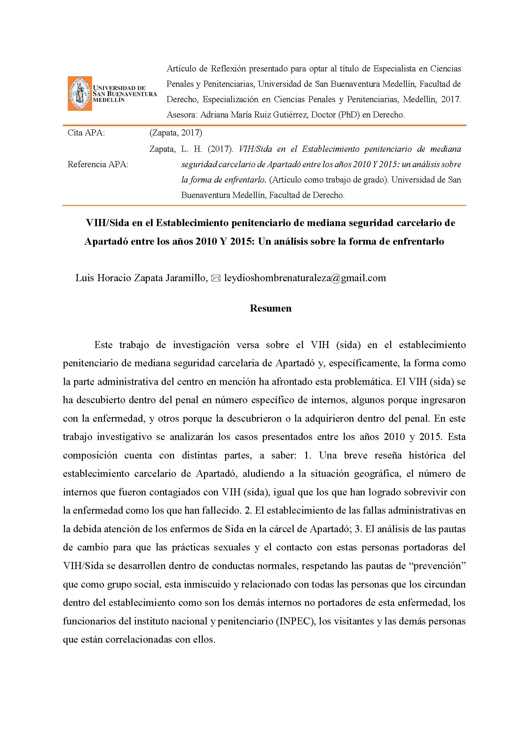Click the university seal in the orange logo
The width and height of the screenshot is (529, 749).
80,94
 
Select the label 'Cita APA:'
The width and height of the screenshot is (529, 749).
86,133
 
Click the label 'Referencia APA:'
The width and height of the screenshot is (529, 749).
98,164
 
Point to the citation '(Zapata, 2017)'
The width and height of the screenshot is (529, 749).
176,133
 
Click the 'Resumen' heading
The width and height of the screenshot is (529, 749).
271,308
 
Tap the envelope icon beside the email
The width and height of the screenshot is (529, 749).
216,278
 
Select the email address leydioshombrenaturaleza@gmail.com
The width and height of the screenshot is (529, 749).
305,278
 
